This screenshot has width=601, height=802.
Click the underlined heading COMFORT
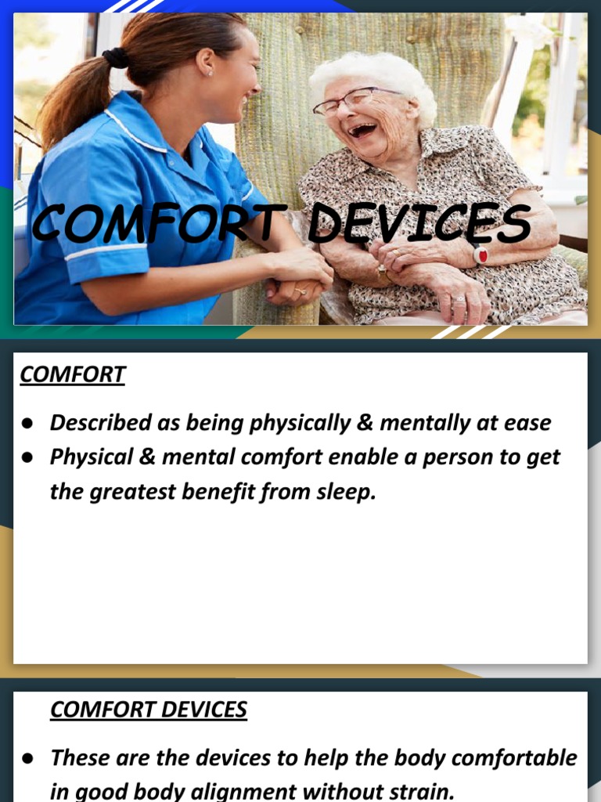click(x=72, y=375)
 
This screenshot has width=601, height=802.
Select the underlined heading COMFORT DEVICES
click(x=149, y=710)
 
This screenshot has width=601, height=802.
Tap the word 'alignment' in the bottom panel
click(x=251, y=790)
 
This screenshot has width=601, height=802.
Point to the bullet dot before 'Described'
click(x=27, y=424)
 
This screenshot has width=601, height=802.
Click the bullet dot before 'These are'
click(x=27, y=758)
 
